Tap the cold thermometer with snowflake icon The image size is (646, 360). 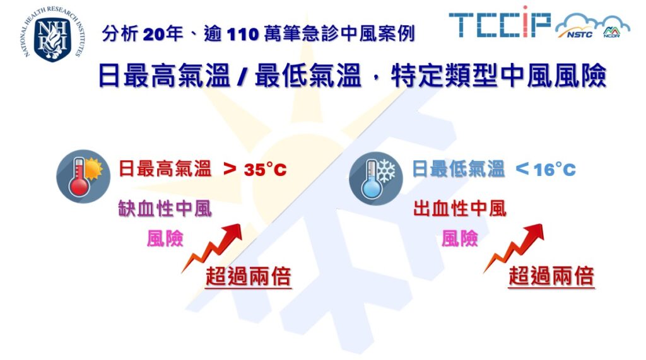[x=376, y=177]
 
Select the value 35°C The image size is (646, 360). [x=264, y=170]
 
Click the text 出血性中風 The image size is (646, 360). [x=460, y=209]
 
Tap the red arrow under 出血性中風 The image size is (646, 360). [x=516, y=248]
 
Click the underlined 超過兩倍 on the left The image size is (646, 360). [x=249, y=276]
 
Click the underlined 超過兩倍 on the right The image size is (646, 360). [x=551, y=276]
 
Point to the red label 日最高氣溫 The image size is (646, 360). [x=165, y=170]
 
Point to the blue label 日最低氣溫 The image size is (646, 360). [x=459, y=170]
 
